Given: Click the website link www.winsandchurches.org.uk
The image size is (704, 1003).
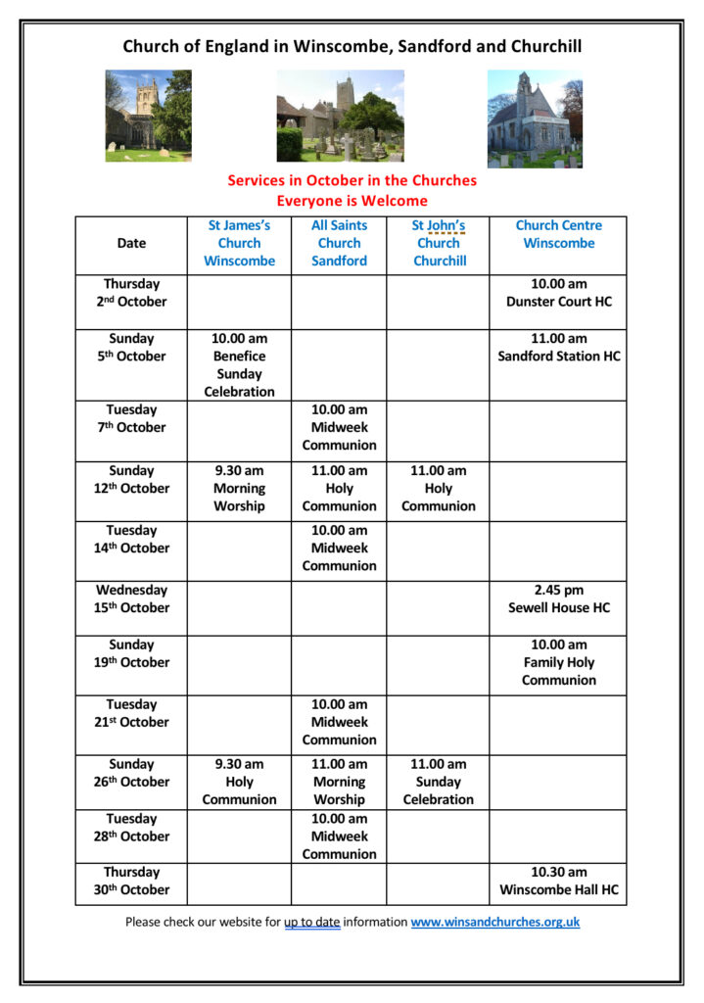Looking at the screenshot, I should pyautogui.click(x=495, y=922).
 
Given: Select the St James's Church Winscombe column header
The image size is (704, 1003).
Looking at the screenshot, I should pyautogui.click(x=239, y=243).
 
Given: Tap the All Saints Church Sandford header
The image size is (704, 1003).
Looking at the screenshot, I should pyautogui.click(x=339, y=243).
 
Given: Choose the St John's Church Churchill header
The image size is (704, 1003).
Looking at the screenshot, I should pyautogui.click(x=438, y=243).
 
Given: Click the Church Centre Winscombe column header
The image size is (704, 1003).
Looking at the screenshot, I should pyautogui.click(x=558, y=234).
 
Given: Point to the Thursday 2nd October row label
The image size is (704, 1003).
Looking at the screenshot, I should pyautogui.click(x=131, y=293).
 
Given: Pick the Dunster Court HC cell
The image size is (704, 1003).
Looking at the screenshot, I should pyautogui.click(x=558, y=293).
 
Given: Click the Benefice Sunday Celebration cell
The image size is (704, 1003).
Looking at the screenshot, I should pyautogui.click(x=239, y=365).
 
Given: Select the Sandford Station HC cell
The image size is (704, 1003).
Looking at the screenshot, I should pyautogui.click(x=558, y=348).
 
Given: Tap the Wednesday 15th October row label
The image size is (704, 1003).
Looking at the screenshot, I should pyautogui.click(x=131, y=598).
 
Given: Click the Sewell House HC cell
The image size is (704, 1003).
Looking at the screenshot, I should pyautogui.click(x=558, y=598).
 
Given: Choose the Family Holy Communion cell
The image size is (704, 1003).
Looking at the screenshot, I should pyautogui.click(x=558, y=662).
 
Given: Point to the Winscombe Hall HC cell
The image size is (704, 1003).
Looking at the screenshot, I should pyautogui.click(x=558, y=881).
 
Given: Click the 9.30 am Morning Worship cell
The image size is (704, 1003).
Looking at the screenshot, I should pyautogui.click(x=239, y=488).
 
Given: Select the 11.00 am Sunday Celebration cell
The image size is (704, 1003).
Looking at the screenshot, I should pyautogui.click(x=438, y=782).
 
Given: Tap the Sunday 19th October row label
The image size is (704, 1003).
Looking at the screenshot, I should pyautogui.click(x=131, y=653).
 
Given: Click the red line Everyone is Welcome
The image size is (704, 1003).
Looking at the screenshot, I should pyautogui.click(x=352, y=201).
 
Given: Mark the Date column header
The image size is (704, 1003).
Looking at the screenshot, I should pyautogui.click(x=131, y=243).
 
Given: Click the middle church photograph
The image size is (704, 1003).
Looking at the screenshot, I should pyautogui.click(x=340, y=116).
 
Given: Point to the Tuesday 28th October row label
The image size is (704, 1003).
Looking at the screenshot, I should pyautogui.click(x=131, y=828).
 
